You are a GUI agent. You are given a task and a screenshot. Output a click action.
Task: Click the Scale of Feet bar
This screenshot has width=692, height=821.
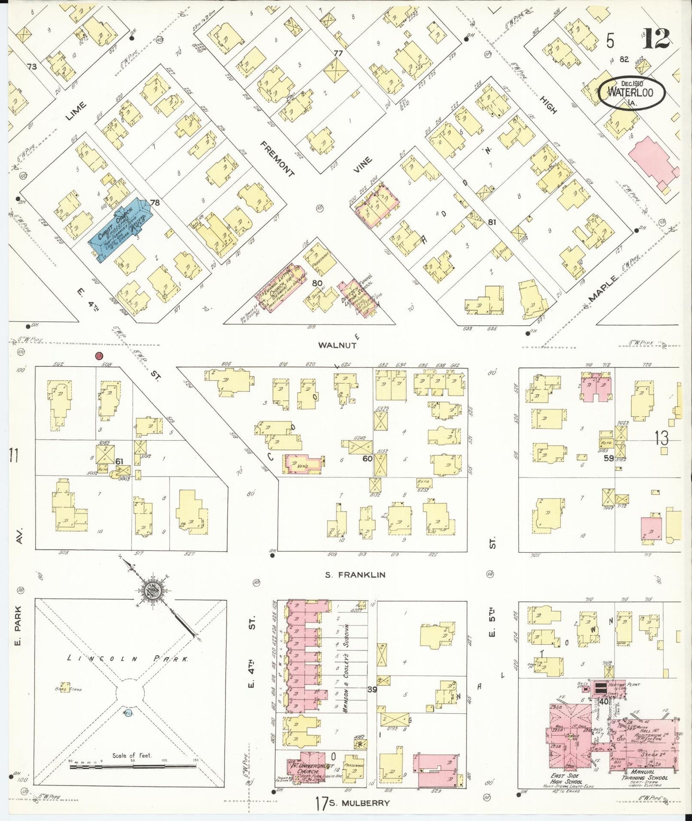click(133, 766)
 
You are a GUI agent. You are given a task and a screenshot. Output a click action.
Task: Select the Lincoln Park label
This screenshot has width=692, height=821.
click(127, 659)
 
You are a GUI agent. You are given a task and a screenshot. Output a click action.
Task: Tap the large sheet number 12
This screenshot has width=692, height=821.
click(656, 39)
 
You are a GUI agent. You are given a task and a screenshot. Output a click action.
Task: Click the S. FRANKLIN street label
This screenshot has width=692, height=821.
click(355, 575)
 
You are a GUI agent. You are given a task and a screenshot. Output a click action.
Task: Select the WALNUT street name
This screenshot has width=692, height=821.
click(338, 345)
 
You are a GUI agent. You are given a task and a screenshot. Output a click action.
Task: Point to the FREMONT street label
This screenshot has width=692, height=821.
click(278, 159)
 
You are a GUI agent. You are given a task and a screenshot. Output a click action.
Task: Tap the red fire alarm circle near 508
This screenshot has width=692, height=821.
click(99, 356)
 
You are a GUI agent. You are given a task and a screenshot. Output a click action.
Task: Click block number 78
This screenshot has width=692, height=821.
click(155, 203)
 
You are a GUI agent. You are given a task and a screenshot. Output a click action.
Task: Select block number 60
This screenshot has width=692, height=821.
click(367, 458)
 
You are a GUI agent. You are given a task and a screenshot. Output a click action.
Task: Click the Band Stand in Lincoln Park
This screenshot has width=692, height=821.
click(65, 687)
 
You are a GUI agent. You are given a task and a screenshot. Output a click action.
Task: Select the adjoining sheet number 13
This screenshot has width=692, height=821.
click(661, 437)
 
